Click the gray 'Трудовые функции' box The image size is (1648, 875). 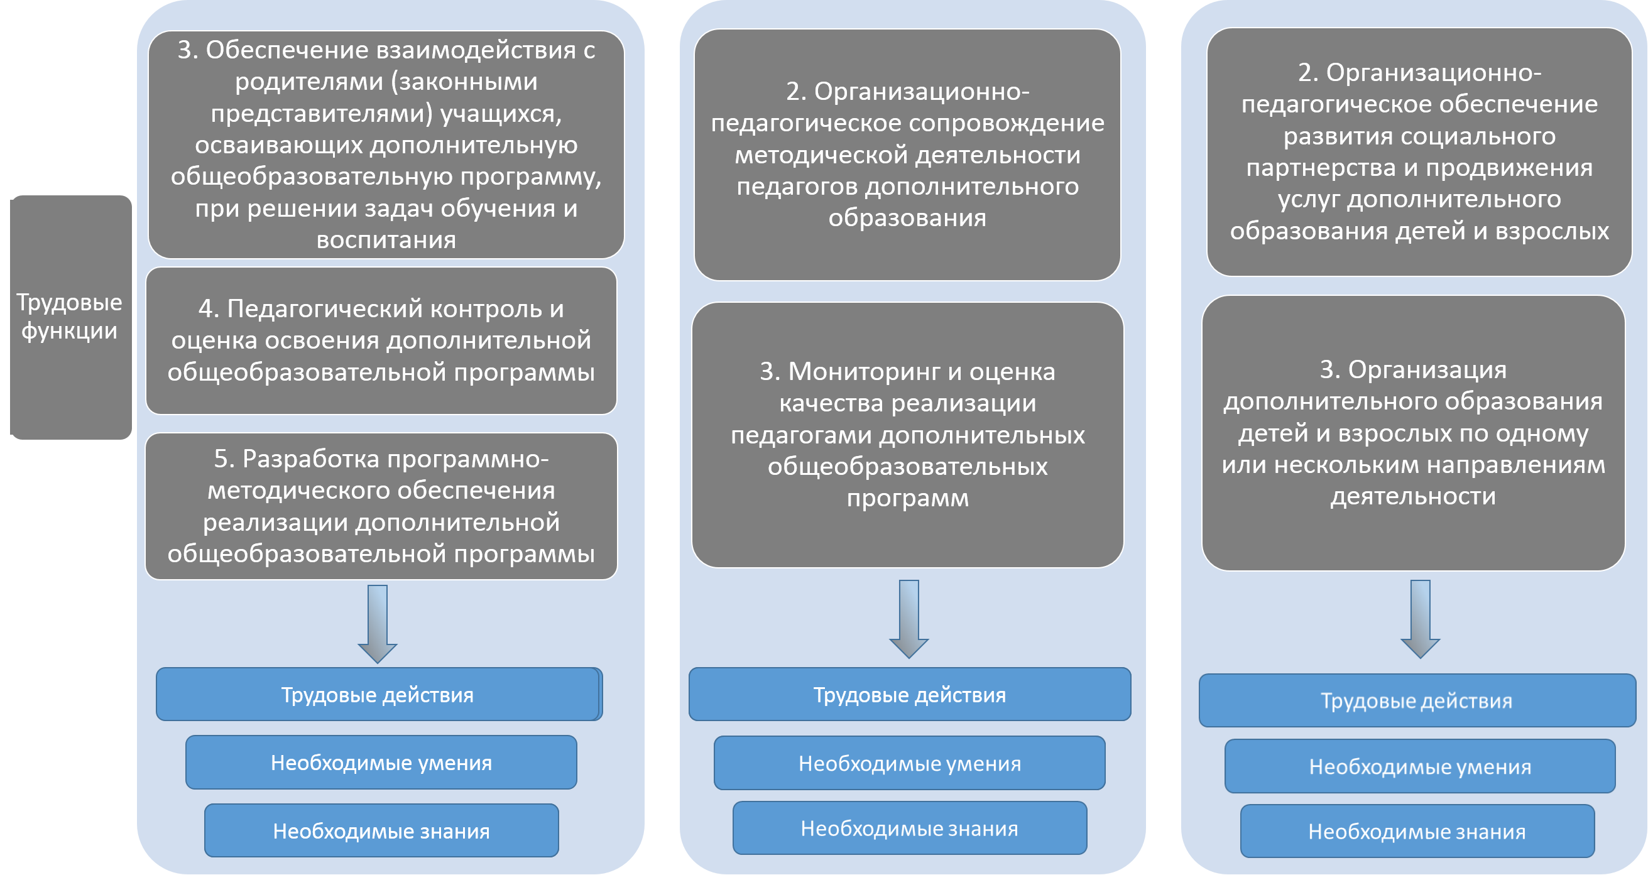[71, 317]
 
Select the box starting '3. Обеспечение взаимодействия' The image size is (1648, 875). [386, 144]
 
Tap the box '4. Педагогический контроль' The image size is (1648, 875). [381, 341]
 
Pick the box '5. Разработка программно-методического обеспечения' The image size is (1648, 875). [381, 506]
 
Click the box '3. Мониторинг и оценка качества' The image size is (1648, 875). [908, 435]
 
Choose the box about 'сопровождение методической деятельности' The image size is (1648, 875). [907, 155]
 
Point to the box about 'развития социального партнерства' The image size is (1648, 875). [1419, 152]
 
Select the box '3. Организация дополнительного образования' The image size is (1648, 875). [1413, 433]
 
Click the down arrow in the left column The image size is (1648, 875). [378, 624]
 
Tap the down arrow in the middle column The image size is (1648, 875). [909, 619]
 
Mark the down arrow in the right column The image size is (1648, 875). [1421, 619]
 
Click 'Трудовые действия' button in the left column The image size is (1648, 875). [379, 695]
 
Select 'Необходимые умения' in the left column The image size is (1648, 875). [381, 763]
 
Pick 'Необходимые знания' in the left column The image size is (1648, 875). [381, 830]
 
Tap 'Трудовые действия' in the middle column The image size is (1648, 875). [910, 695]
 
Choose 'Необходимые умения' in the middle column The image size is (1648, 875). [910, 763]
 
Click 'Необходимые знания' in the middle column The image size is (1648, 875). [910, 829]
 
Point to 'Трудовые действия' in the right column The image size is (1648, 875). [1417, 700]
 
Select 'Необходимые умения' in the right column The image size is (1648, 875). [1421, 766]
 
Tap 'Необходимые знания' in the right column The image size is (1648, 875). [1417, 832]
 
